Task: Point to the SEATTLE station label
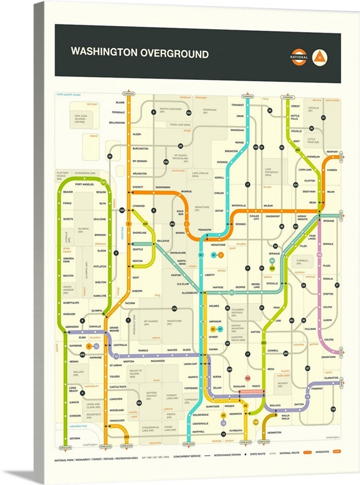[x=138, y=250]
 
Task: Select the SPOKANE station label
[x=328, y=221]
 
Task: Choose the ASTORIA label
[x=75, y=438]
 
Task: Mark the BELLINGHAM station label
[x=117, y=122]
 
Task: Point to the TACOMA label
[x=130, y=303]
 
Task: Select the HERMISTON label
[x=274, y=432]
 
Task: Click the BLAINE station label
[x=120, y=103]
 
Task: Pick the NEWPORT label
[x=332, y=152]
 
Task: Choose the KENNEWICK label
[x=236, y=413]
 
